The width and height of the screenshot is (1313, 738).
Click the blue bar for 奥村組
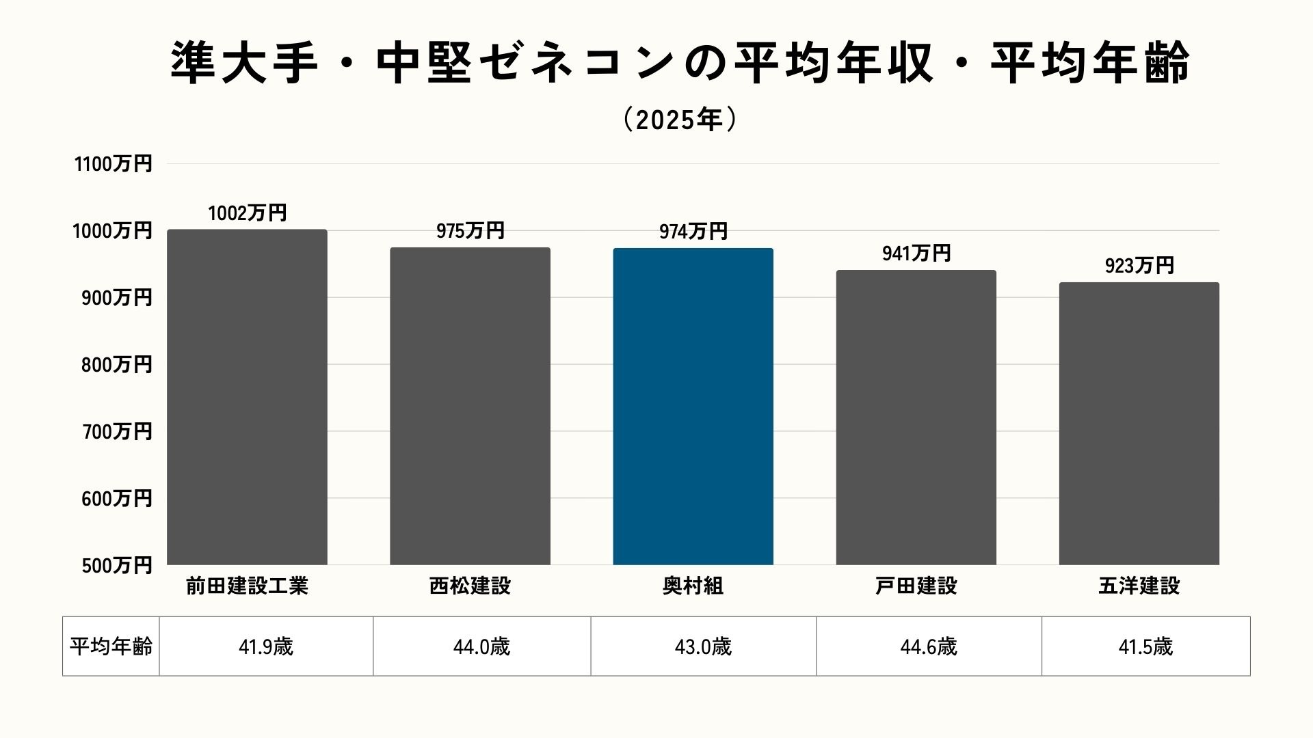[693, 407]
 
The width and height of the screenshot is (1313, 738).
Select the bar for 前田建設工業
[247, 397]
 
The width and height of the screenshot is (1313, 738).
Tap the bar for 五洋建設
[1139, 424]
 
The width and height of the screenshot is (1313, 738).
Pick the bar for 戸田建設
[916, 418]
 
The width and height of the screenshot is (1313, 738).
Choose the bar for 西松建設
[470, 407]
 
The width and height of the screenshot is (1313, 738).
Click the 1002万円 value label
[247, 213]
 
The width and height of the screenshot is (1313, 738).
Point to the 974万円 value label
[693, 232]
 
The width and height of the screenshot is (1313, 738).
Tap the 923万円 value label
[1139, 265]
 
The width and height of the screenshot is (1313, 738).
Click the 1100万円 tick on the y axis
[113, 165]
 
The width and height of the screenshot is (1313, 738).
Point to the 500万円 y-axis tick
[116, 566]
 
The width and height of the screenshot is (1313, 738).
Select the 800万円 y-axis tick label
[116, 365]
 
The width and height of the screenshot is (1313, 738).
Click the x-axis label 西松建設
[470, 586]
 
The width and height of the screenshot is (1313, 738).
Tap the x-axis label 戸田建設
[916, 586]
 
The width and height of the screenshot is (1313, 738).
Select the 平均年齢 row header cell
[111, 646]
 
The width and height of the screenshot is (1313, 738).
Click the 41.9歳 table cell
[266, 646]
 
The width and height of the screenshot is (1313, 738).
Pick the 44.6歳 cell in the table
[928, 646]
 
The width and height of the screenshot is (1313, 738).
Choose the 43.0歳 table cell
[703, 646]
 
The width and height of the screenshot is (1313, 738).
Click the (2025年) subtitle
[680, 120]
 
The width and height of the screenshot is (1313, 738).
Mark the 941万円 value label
[916, 254]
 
